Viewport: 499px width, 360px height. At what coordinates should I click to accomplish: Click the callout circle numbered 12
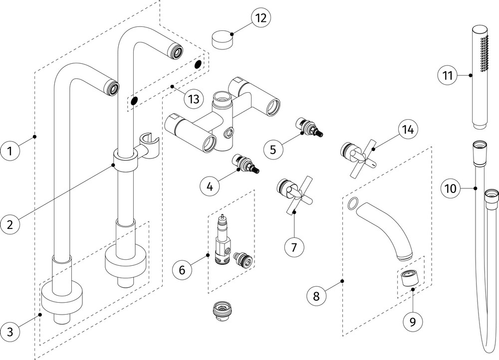[x=260, y=18]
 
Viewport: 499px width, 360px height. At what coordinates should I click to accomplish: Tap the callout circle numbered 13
[x=194, y=99]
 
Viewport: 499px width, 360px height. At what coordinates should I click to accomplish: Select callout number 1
[x=10, y=150]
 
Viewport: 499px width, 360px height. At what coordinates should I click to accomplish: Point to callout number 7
[x=294, y=247]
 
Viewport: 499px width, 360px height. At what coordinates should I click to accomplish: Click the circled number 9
[x=413, y=322]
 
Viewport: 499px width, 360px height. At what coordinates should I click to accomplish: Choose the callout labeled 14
[x=408, y=130]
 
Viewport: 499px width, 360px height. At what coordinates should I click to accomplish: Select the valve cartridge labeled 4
[x=246, y=164]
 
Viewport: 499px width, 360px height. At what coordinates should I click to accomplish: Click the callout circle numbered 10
[x=451, y=188]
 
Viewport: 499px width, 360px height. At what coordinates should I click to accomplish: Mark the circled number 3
[x=10, y=332]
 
